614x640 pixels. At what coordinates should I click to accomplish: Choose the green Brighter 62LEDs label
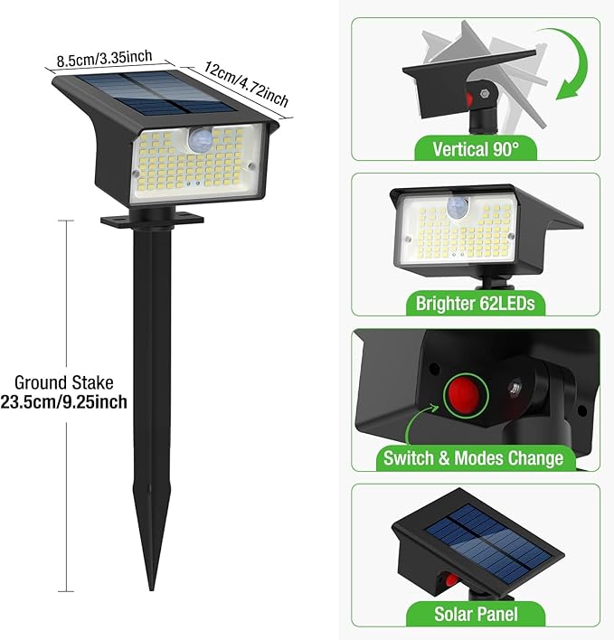coord(475,304)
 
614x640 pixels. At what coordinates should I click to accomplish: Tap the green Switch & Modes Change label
coord(473,458)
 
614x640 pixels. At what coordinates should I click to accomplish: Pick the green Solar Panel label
coord(475,614)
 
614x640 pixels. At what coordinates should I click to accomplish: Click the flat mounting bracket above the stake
coord(150,219)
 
